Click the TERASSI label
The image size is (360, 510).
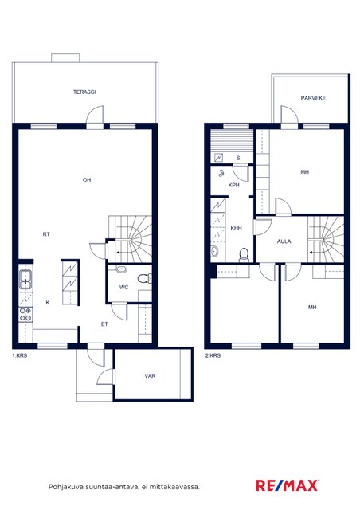tap(84, 92)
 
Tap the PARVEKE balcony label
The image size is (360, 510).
tap(313, 98)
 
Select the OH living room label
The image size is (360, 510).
tap(87, 180)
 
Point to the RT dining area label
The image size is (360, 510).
tap(46, 234)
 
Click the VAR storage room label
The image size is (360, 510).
tap(150, 376)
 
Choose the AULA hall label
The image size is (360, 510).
tap(284, 241)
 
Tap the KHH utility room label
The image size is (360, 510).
tap(236, 229)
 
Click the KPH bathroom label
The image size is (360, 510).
tap(234, 185)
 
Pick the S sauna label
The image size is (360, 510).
tap(238, 159)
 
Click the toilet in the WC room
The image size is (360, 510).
tap(145, 278)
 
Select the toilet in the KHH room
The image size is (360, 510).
tap(244, 255)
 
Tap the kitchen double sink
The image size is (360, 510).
tap(25, 280)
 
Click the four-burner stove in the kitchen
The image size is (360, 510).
tap(25, 314)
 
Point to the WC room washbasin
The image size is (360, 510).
tap(121, 269)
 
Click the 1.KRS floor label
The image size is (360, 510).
tap(19, 356)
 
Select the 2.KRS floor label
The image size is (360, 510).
tap(213, 356)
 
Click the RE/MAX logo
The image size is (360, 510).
tap(288, 485)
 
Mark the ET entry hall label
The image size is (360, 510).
tap(104, 324)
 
